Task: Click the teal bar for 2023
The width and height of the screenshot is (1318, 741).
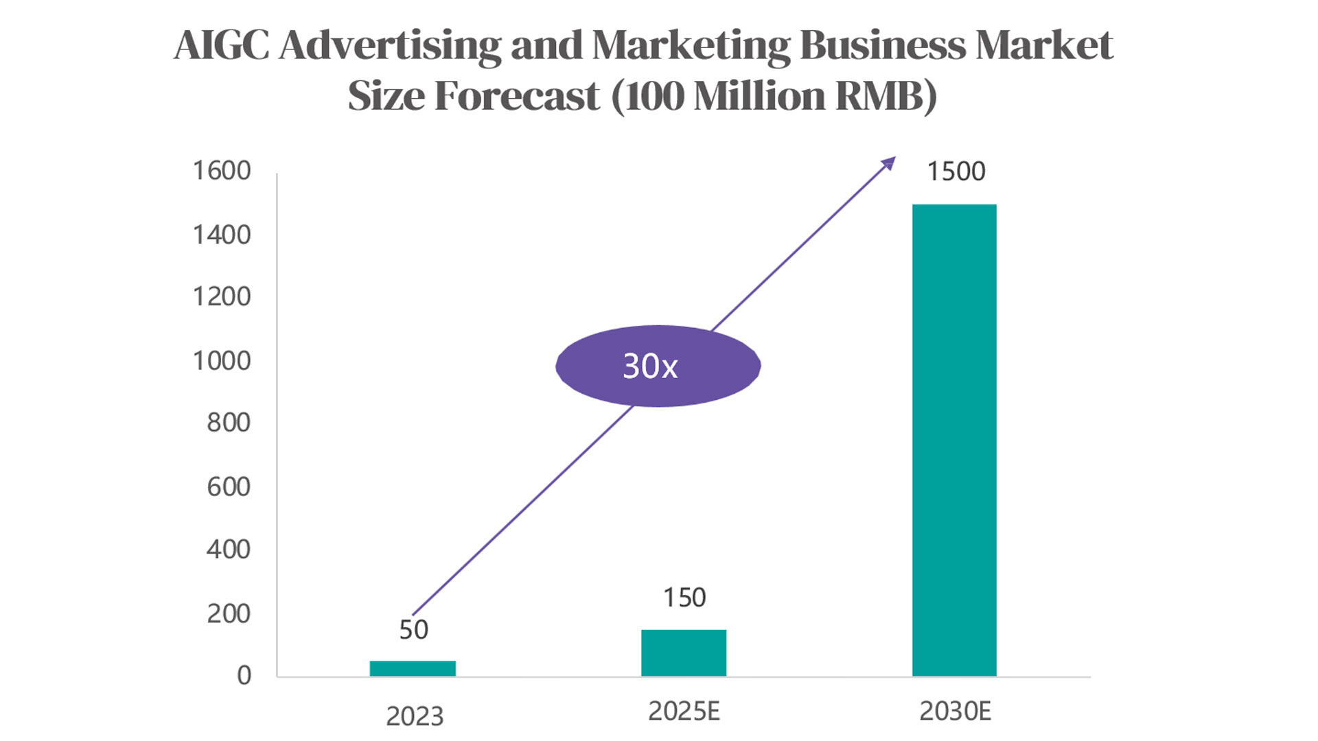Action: (x=413, y=668)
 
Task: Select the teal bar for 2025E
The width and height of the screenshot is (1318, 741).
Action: (x=684, y=653)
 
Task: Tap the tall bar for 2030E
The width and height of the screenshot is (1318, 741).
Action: (x=954, y=440)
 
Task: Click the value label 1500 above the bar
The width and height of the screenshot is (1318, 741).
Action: (x=956, y=172)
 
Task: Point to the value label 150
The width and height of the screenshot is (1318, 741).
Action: (x=684, y=598)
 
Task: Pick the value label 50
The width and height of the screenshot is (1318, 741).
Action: (x=414, y=630)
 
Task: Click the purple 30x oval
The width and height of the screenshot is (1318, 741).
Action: (x=658, y=366)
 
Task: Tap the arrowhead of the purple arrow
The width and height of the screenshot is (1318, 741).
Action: (x=890, y=163)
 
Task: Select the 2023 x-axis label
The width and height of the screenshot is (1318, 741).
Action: (x=415, y=716)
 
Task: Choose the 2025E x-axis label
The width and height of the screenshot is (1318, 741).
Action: (x=684, y=711)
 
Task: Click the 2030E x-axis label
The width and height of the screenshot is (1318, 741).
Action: (x=956, y=711)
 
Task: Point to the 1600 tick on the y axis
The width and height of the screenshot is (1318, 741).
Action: (x=222, y=171)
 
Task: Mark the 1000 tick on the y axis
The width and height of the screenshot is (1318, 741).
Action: (x=222, y=361)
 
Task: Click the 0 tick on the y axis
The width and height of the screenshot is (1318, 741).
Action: (x=244, y=676)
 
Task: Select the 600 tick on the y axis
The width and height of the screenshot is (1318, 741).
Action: (x=229, y=487)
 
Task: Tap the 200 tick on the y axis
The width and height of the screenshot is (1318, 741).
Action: (x=229, y=614)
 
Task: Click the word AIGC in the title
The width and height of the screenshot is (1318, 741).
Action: (x=221, y=45)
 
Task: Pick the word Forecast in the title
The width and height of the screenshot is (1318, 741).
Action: (x=517, y=95)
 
